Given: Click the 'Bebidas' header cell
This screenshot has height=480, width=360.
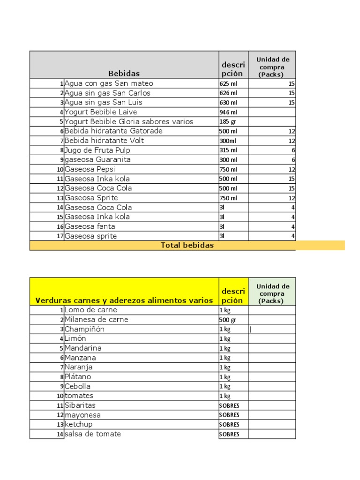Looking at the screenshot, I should pyautogui.click(x=124, y=73).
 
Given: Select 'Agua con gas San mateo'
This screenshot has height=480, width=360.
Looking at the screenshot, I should pyautogui.click(x=109, y=83).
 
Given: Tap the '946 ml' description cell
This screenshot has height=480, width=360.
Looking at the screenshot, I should pyautogui.click(x=229, y=112).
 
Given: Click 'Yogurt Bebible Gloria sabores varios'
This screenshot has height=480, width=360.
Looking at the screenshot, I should pyautogui.click(x=128, y=121).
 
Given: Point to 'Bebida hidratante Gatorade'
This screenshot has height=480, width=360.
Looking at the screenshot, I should pyautogui.click(x=113, y=131).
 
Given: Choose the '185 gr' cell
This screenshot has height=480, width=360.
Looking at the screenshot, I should pyautogui.click(x=227, y=121).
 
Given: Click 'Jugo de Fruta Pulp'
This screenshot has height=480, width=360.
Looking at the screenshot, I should pyautogui.click(x=97, y=150).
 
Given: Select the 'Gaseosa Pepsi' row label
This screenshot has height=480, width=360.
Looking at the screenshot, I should pyautogui.click(x=90, y=169).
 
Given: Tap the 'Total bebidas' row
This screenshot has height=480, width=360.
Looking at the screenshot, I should pyautogui.click(x=187, y=245).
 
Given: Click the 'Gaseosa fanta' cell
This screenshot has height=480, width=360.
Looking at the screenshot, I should pyautogui.click(x=90, y=226).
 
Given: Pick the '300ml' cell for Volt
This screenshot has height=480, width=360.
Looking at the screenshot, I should pyautogui.click(x=228, y=141).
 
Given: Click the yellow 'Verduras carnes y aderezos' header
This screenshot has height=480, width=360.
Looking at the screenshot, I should pyautogui.click(x=124, y=300).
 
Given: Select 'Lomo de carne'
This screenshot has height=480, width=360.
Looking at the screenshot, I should pyautogui.click(x=90, y=310).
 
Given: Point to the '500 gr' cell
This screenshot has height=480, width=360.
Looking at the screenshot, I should pyautogui.click(x=228, y=320).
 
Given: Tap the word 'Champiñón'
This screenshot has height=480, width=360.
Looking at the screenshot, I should pyautogui.click(x=84, y=329).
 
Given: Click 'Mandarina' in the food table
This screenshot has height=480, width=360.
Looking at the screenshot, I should pyautogui.click(x=83, y=348).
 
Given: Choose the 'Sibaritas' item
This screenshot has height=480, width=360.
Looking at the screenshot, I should pyautogui.click(x=80, y=405).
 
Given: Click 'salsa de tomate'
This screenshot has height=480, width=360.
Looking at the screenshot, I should pyautogui.click(x=92, y=434).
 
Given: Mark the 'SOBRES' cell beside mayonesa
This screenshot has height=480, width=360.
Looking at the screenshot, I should pyautogui.click(x=229, y=415).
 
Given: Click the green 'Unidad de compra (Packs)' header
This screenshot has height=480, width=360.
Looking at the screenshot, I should pyautogui.click(x=272, y=293).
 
